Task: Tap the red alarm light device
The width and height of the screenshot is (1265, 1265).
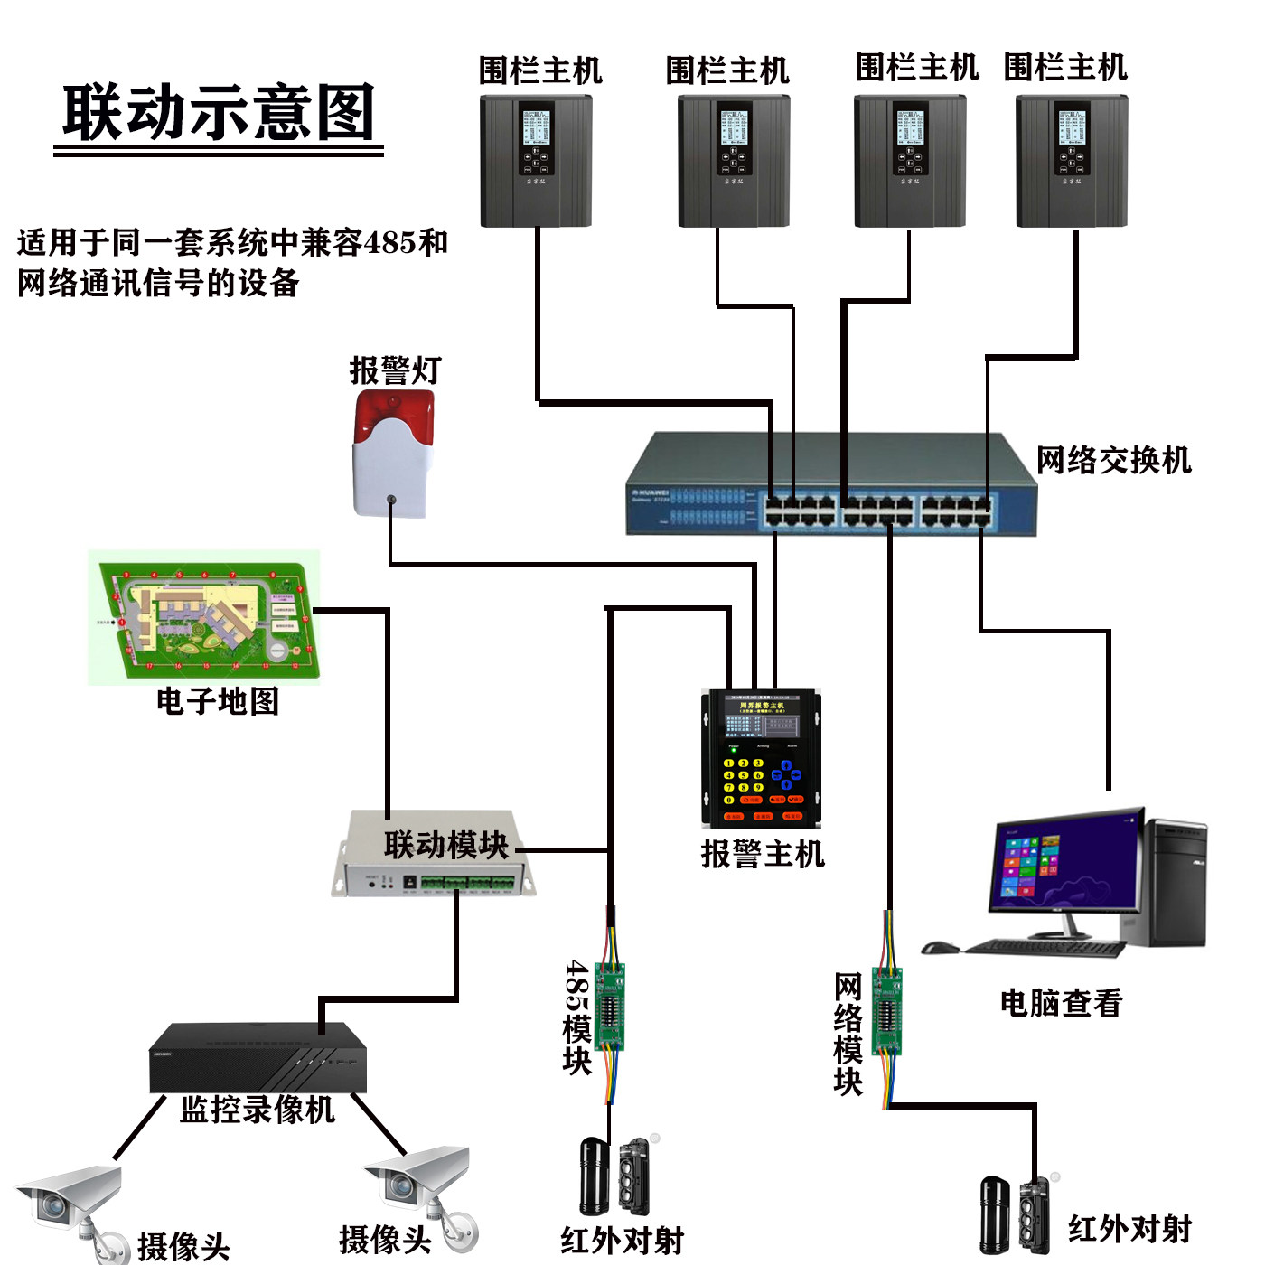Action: tap(393, 452)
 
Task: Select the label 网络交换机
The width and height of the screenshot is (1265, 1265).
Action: tap(1113, 460)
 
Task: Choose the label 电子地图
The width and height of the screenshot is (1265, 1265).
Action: tap(218, 701)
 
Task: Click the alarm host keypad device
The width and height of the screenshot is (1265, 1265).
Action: tap(761, 759)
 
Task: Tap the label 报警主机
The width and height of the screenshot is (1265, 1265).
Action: tap(763, 854)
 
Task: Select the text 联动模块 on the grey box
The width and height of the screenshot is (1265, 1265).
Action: tap(445, 845)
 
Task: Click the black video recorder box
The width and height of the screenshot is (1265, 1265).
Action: tap(258, 1057)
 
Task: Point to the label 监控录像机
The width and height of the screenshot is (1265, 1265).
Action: tap(258, 1110)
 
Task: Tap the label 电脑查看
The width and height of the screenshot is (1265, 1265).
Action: tap(1061, 1003)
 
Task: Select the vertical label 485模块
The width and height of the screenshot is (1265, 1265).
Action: tap(576, 1017)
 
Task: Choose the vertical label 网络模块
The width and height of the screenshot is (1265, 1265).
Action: tap(848, 1034)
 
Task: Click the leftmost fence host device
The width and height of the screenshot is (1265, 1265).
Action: tap(536, 161)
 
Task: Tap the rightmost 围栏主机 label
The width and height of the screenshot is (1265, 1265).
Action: tap(1065, 67)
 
